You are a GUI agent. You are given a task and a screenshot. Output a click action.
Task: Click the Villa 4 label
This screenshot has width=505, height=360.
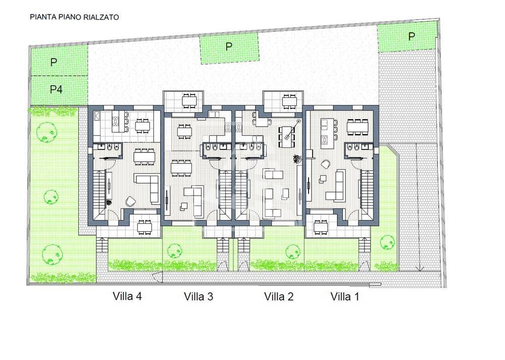click(x=127, y=296)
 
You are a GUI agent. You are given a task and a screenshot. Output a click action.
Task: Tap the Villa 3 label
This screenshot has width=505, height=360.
click(x=198, y=296)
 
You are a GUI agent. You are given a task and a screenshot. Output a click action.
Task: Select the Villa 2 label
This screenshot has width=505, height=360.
click(x=279, y=296)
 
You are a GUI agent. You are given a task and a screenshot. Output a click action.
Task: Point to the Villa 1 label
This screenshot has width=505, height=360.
click(x=344, y=296)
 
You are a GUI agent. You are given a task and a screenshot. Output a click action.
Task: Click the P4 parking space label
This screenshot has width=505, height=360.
click(x=56, y=89)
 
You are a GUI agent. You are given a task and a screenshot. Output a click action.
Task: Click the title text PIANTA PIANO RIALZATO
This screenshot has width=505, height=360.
click(x=74, y=17)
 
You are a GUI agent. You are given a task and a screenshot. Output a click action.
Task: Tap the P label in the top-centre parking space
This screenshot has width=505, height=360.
click(x=229, y=46)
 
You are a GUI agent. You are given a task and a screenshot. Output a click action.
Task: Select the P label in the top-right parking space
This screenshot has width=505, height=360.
click(x=411, y=36)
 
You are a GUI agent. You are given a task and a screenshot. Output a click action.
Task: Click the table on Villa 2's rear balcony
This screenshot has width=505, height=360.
click(x=289, y=101)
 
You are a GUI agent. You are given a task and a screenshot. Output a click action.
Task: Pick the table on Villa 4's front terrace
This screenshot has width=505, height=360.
click(x=144, y=227)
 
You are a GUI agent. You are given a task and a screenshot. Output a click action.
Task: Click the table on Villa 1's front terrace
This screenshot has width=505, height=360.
click(x=321, y=227)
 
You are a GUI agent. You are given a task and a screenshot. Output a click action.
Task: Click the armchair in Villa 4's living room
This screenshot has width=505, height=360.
click(x=131, y=201)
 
